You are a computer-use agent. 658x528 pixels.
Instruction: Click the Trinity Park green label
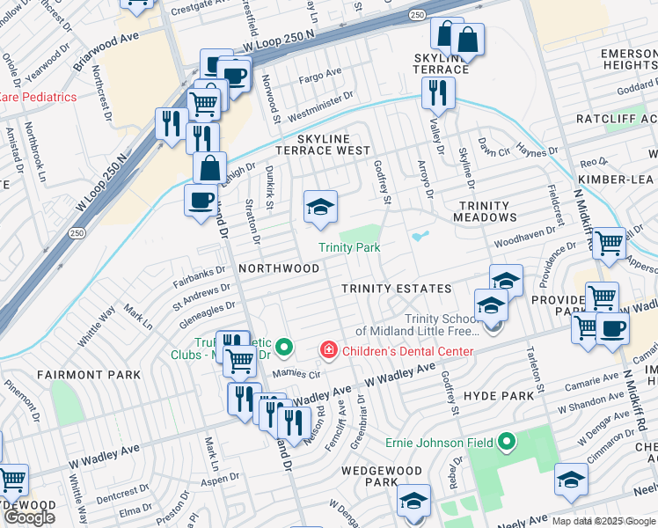[x=349, y=248]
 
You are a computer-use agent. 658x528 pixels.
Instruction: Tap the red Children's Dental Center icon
[x=329, y=351]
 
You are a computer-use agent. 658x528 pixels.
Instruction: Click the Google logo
[x=29, y=517]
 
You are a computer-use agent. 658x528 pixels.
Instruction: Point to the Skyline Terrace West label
[x=323, y=145]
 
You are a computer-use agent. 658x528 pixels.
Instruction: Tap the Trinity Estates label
[x=396, y=289]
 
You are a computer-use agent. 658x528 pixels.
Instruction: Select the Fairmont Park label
[x=89, y=375]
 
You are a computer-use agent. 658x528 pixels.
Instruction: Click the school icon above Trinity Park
[x=320, y=207]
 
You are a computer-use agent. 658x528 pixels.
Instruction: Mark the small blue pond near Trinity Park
[x=420, y=236]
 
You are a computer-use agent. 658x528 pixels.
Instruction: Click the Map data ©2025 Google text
[x=603, y=521]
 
